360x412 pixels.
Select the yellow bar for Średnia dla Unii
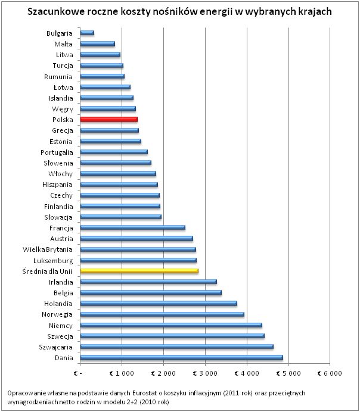[x=139, y=271]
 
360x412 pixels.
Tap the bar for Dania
[x=181, y=358]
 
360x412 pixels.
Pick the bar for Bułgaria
[x=87, y=33]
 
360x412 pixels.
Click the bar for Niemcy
[x=171, y=325]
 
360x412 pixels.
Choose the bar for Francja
[x=132, y=227]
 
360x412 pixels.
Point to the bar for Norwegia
[x=162, y=314]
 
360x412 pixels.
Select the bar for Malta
[x=97, y=43]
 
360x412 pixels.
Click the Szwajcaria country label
[x=55, y=347]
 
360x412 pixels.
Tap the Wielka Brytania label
[x=48, y=249]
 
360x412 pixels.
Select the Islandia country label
[x=61, y=98]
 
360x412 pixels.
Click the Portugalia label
[x=57, y=152]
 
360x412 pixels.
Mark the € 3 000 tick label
[x=205, y=373]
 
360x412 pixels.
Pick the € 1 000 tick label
[x=122, y=373]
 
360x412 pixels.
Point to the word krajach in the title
[x=314, y=12]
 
